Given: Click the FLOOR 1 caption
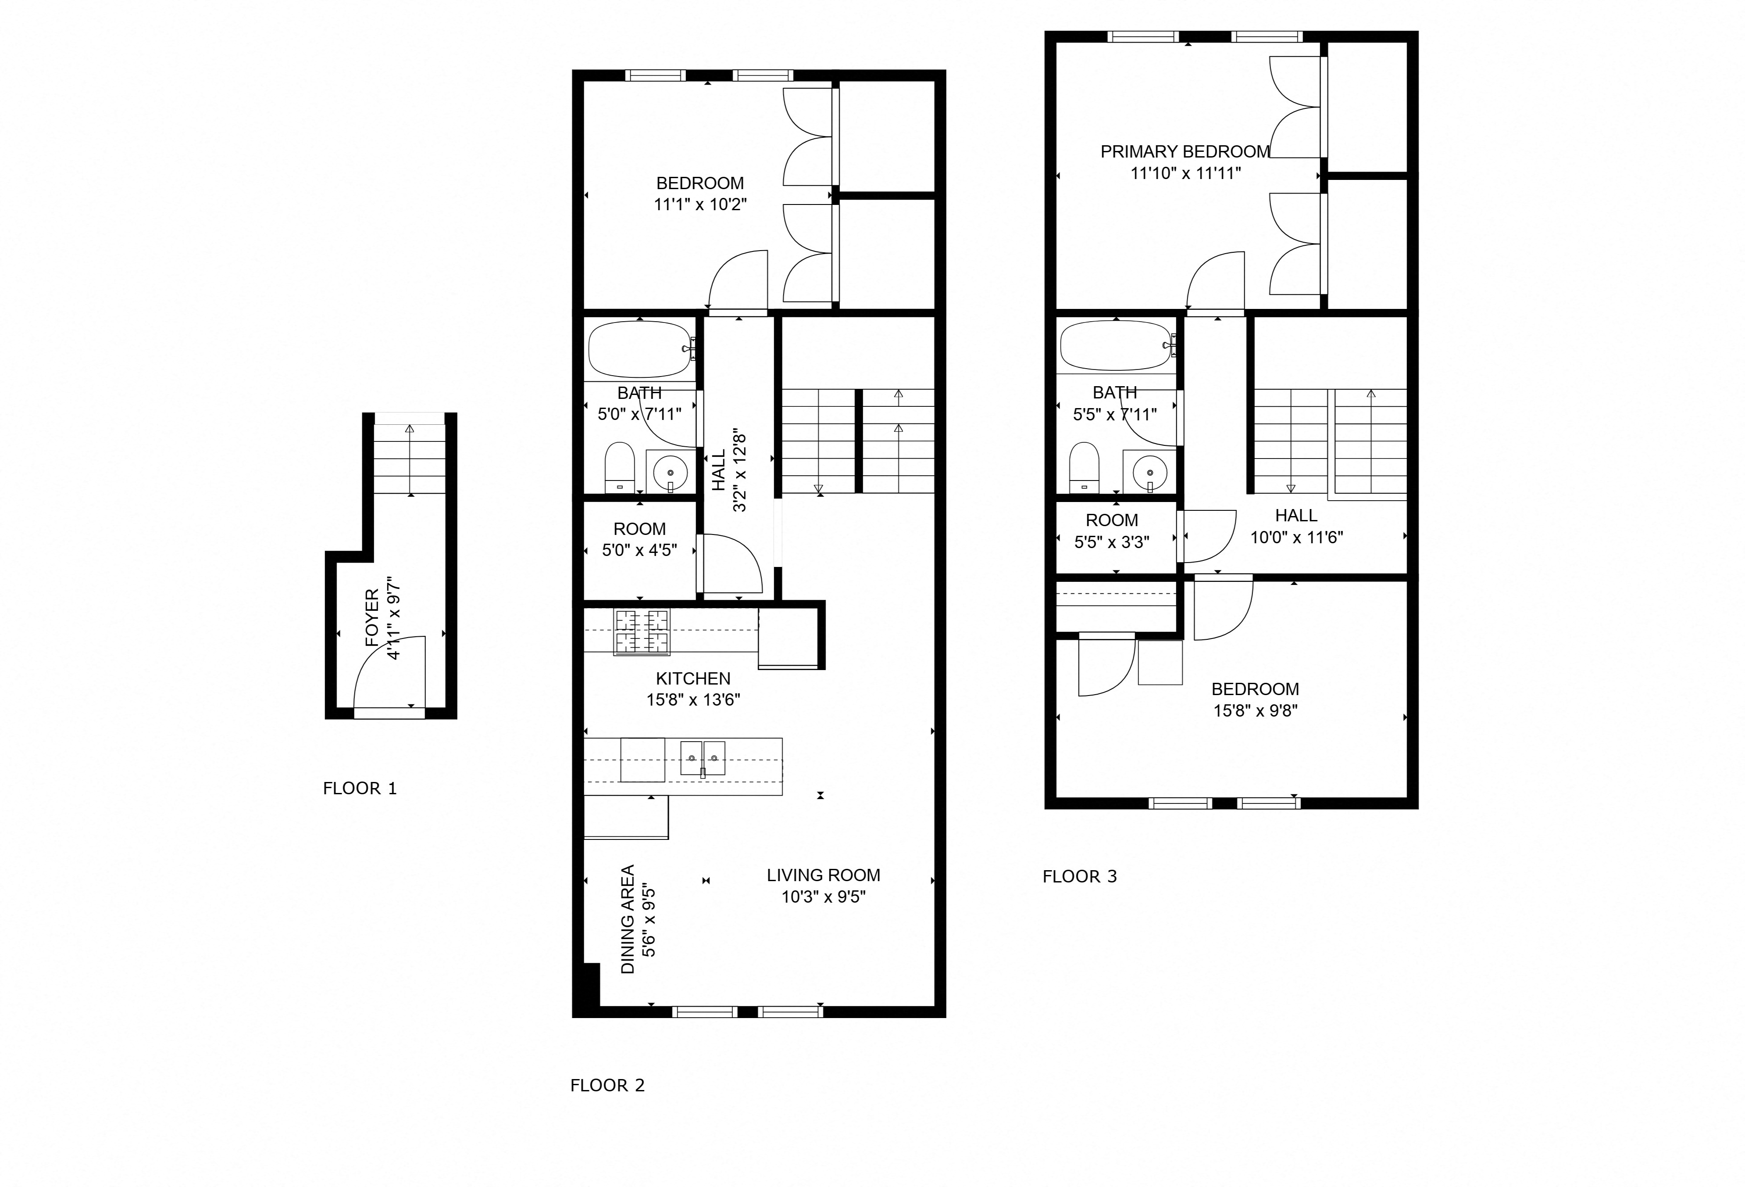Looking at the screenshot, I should click(360, 788).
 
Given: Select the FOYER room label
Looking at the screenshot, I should click(372, 618).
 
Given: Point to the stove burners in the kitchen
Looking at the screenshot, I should click(642, 632).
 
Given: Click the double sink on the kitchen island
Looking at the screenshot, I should click(703, 758).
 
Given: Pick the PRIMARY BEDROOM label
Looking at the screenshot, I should click(1185, 152).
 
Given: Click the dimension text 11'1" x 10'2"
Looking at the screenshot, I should click(700, 204).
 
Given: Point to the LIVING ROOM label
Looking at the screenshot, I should click(823, 875).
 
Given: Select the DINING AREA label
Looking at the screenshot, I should click(628, 920).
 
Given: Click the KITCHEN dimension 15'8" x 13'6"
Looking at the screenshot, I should click(693, 699).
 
